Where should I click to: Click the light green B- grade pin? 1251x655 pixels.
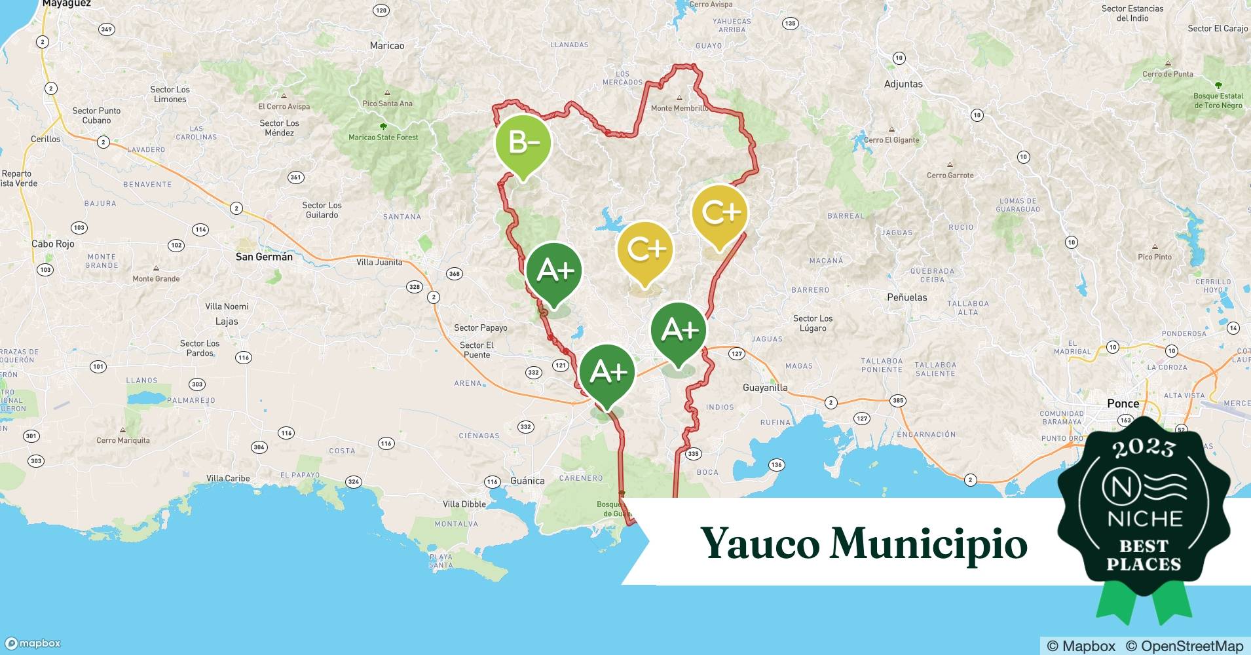522,143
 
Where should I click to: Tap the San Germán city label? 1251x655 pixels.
264,257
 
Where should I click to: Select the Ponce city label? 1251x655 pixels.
1123,403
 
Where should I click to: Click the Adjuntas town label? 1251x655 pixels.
903,84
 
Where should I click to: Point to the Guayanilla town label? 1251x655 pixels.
765,388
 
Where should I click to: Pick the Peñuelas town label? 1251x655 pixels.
906,297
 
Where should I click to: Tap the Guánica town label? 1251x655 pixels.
527,481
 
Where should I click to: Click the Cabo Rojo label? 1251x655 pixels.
53,244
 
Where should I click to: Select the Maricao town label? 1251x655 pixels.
387,46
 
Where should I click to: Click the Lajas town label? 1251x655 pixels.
227,322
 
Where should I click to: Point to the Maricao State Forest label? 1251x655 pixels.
383,138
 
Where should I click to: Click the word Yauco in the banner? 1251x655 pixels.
760,543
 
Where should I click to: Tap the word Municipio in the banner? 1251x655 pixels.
928,544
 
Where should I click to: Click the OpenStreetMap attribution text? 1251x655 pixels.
1184,646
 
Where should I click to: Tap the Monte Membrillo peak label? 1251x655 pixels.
679,108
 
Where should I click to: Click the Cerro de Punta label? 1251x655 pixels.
1167,74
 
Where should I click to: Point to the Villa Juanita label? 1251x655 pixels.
379,263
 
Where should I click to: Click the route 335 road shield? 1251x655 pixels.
693,453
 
